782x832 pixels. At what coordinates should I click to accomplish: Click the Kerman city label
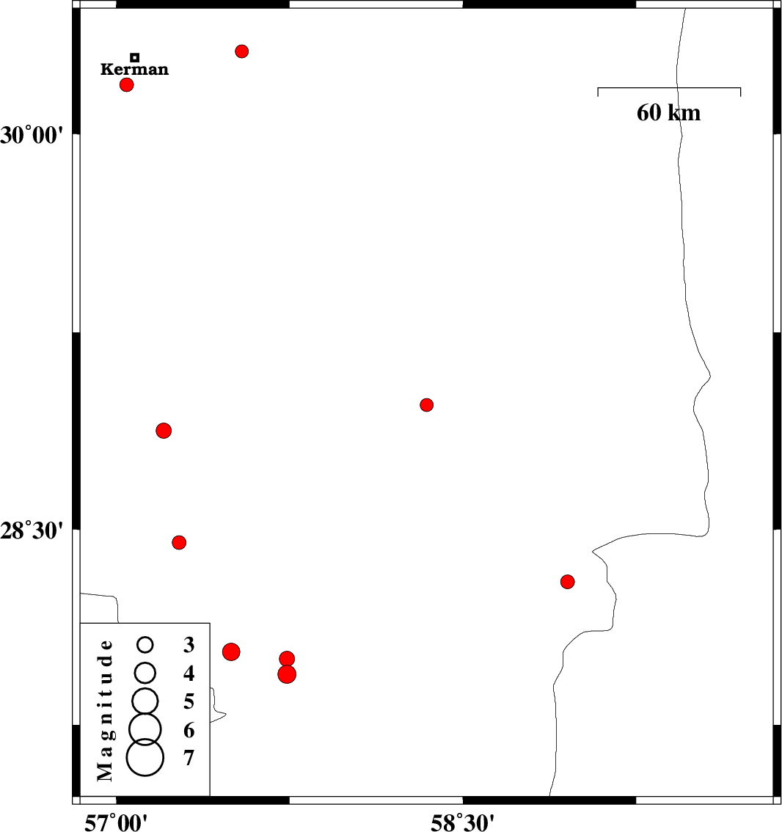click(x=134, y=70)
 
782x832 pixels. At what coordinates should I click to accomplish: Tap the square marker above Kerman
click(x=135, y=57)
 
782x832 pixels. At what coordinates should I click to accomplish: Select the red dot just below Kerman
click(x=127, y=84)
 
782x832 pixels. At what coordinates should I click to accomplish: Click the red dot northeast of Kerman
click(x=242, y=51)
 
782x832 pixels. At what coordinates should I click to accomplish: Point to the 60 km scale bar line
click(x=669, y=88)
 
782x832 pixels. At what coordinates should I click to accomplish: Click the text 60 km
click(x=668, y=113)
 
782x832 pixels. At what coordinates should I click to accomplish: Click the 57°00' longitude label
click(x=116, y=821)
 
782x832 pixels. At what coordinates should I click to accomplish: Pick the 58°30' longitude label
click(x=462, y=821)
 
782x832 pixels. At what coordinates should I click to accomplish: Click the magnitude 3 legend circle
click(x=145, y=645)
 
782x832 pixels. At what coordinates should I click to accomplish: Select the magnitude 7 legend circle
click(x=145, y=757)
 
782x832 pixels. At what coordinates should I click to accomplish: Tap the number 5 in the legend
click(x=189, y=702)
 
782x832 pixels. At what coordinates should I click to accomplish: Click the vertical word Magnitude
click(x=106, y=709)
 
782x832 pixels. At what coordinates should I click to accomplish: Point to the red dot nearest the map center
click(x=427, y=405)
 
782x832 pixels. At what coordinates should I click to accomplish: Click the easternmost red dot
click(x=567, y=582)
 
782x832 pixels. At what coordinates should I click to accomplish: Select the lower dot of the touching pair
click(x=287, y=674)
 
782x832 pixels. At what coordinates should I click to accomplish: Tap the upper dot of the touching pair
click(x=287, y=659)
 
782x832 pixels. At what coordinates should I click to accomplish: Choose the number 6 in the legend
click(x=189, y=730)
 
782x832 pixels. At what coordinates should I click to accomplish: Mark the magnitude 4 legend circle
click(x=145, y=672)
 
